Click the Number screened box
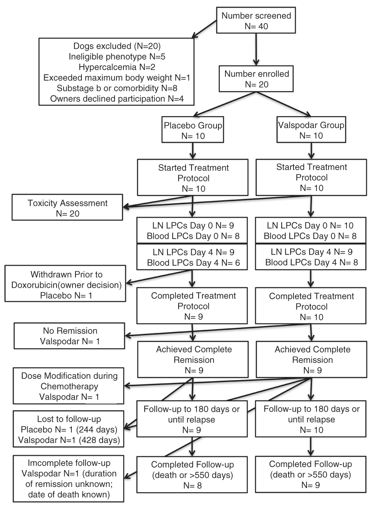(x=256, y=20)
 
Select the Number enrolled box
(x=256, y=79)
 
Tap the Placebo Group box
(x=193, y=130)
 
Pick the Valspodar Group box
(x=311, y=130)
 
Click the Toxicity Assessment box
(x=67, y=207)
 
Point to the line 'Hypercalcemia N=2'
(x=117, y=67)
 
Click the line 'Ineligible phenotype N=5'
(x=117, y=57)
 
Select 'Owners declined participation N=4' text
(x=117, y=99)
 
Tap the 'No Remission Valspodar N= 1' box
(x=70, y=336)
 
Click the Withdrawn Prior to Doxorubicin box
(x=65, y=283)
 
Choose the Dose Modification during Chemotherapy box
(x=68, y=386)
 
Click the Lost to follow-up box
(x=68, y=429)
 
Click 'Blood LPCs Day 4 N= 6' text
(x=193, y=263)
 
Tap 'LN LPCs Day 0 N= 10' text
(x=310, y=225)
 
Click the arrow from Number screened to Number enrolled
(x=256, y=50)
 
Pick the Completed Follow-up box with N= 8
(x=192, y=475)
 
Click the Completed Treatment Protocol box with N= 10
(x=311, y=306)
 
